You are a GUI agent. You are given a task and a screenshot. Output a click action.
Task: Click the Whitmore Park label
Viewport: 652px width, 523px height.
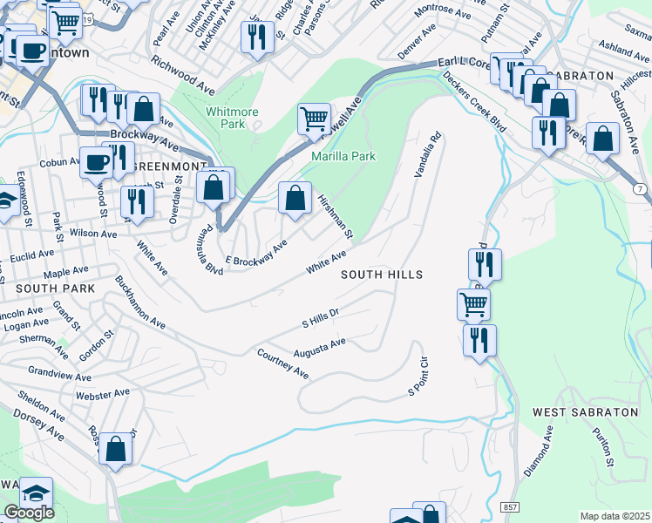[226, 118]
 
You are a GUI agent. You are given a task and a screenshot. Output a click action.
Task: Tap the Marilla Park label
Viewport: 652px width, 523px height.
[343, 157]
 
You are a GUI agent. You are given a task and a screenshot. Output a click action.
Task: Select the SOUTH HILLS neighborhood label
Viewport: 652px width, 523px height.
[381, 275]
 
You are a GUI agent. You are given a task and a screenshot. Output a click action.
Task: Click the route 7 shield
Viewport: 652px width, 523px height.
[641, 189]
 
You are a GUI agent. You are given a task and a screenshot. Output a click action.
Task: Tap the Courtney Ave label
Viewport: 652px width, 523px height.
[282, 364]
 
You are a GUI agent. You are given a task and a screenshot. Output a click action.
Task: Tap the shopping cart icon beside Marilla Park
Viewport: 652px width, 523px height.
[314, 119]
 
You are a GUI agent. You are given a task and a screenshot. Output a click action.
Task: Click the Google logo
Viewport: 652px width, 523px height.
[28, 513]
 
